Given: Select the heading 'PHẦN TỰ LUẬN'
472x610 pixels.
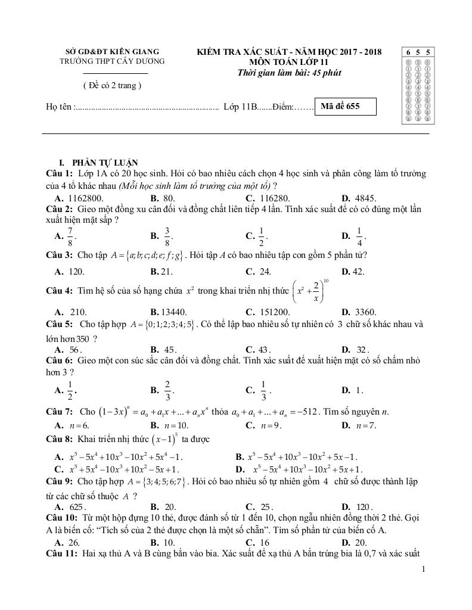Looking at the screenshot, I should pos(104,163).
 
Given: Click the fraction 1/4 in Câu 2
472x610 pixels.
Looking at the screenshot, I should pos(359,236).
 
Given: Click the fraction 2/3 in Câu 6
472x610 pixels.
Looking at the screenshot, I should pos(167,390).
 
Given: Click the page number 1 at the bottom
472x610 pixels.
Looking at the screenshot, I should pos(423,569).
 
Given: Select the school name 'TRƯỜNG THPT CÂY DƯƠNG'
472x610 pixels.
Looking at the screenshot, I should pos(112,61).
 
